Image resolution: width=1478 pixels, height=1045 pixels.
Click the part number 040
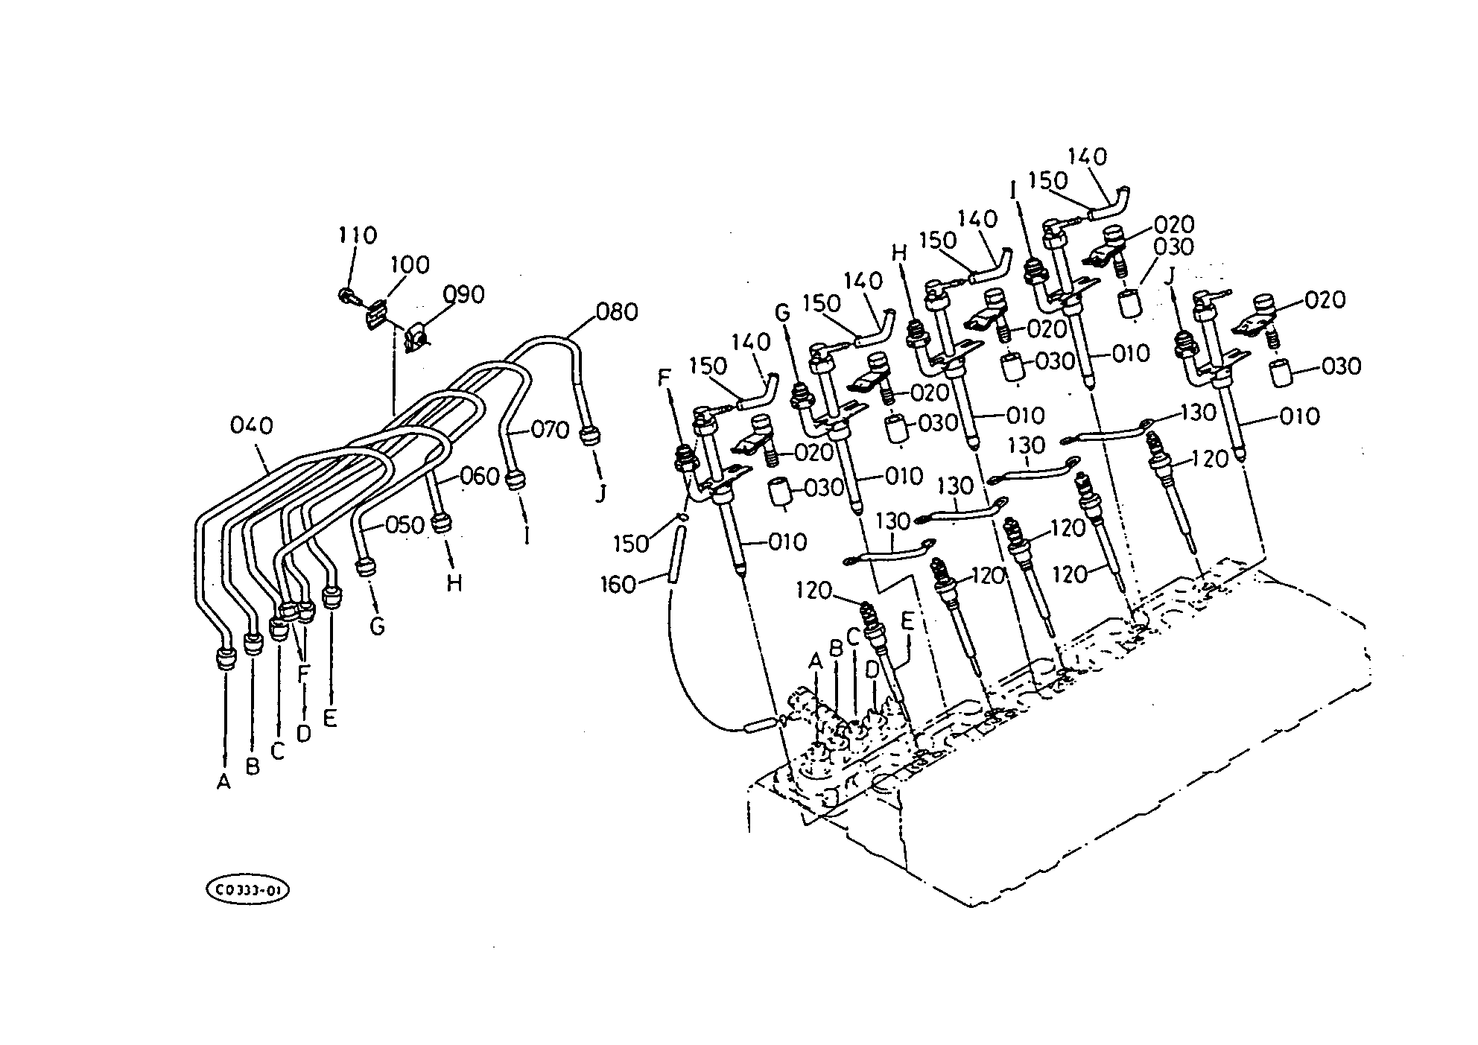[251, 427]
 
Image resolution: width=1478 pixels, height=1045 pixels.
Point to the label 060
[479, 476]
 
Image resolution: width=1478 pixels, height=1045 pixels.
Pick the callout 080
[618, 311]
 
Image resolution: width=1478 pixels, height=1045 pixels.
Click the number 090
[463, 295]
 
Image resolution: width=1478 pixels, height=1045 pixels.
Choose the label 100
[410, 264]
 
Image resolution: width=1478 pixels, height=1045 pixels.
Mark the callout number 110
[358, 235]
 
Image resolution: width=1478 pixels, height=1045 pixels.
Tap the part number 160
[618, 585]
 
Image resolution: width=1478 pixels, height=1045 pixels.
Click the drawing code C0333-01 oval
[247, 891]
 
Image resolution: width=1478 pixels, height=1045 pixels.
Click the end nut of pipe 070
[514, 480]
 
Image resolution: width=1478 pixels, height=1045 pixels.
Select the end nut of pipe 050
[366, 568]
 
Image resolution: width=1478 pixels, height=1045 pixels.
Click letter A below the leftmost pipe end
[223, 782]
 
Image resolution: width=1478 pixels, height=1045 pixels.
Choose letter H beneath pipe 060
[454, 583]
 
